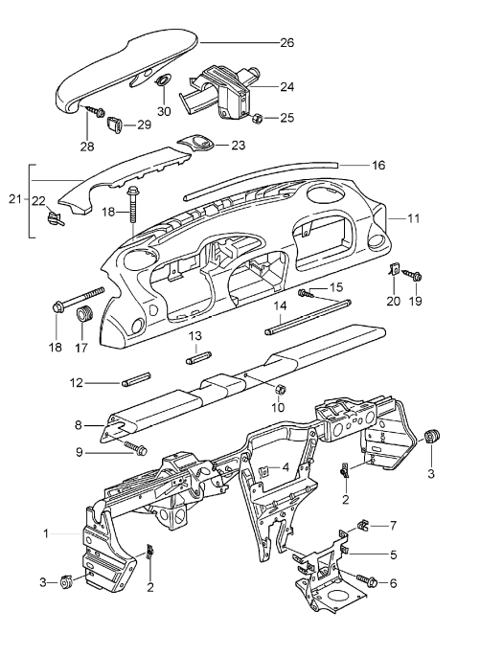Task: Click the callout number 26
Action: pyautogui.click(x=287, y=43)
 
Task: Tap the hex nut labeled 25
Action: pyautogui.click(x=257, y=119)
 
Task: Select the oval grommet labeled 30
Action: pyautogui.click(x=163, y=79)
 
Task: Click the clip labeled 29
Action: pyautogui.click(x=115, y=124)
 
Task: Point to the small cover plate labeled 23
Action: pyautogui.click(x=196, y=143)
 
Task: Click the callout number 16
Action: pyautogui.click(x=378, y=166)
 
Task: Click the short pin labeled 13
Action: pyautogui.click(x=198, y=359)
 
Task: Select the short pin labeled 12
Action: pyautogui.click(x=136, y=378)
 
